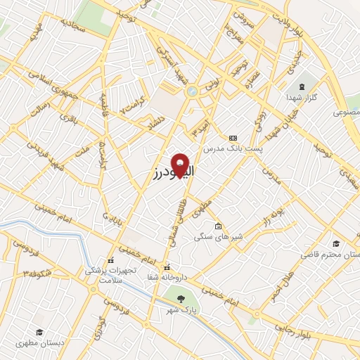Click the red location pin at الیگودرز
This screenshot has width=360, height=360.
pos(181,165)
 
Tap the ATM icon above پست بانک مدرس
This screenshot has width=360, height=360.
pos(233,138)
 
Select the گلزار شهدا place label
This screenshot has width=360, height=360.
pos(304,96)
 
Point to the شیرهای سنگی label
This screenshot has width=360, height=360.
pos(218,238)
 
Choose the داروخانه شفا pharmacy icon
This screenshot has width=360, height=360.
pos(167,267)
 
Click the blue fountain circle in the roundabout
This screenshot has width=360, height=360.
pos(191,91)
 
